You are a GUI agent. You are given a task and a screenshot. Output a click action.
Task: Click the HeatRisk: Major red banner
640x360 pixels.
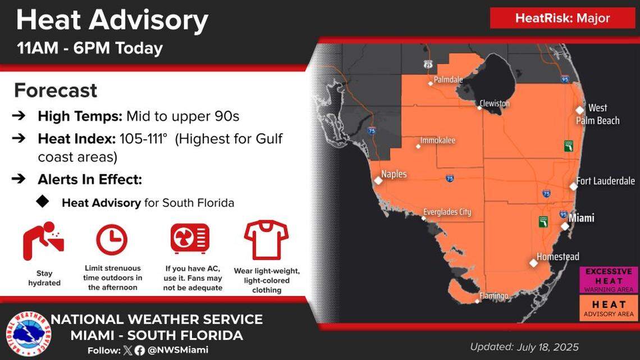point(563,18)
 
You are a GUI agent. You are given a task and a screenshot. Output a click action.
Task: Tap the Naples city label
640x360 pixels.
point(394,174)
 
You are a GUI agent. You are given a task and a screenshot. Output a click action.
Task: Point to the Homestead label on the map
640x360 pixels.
point(557,256)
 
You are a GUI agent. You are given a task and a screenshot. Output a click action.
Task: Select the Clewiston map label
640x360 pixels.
point(495,103)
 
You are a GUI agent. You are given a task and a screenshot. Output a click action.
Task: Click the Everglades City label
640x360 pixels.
point(447,212)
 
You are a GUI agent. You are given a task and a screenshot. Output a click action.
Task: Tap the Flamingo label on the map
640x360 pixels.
point(494,295)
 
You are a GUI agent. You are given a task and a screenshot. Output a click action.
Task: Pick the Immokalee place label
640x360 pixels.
point(437,140)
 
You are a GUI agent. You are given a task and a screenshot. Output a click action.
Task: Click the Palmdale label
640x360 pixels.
point(448,79)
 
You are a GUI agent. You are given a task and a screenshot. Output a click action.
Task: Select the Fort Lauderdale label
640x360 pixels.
point(605,181)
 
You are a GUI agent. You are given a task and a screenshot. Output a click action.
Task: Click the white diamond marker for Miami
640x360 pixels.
point(565,226)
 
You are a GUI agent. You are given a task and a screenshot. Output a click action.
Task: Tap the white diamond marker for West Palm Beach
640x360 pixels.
point(579,110)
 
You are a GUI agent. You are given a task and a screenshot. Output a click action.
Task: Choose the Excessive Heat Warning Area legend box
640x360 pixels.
point(609,280)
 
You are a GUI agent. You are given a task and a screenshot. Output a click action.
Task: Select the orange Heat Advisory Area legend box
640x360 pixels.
point(609,308)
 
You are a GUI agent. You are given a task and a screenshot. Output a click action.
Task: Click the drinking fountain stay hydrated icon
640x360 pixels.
point(43,241)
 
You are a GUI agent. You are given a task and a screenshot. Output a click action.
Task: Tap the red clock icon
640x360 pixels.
point(112,240)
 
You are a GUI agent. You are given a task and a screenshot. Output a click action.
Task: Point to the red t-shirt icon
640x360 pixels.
point(266,240)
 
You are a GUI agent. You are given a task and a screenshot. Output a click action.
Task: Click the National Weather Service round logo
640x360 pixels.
point(29,334)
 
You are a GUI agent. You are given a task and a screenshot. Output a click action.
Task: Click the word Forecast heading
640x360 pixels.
point(56,90)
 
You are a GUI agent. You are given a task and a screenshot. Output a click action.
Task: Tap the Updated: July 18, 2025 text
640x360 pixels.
point(524,347)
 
